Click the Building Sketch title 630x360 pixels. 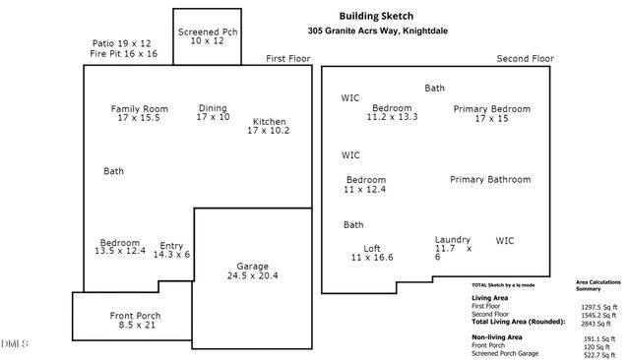(376, 16)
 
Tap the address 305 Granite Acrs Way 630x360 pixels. (376, 30)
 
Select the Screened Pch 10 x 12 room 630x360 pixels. (207, 37)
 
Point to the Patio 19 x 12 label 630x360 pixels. (120, 43)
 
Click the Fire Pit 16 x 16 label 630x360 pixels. (123, 54)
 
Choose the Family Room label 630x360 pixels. (139, 113)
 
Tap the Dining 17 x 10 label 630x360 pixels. (213, 113)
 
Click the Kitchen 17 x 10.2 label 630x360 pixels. (269, 126)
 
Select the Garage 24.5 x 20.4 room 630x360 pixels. (252, 270)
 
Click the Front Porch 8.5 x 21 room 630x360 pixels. (135, 321)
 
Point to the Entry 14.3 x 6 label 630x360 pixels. (171, 250)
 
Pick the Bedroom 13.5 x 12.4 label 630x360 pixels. (119, 247)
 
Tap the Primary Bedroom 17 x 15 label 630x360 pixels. (491, 113)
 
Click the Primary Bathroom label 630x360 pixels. (490, 180)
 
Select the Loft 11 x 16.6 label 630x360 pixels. (371, 253)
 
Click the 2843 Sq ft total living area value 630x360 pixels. (597, 322)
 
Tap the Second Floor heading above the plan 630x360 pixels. (527, 59)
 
